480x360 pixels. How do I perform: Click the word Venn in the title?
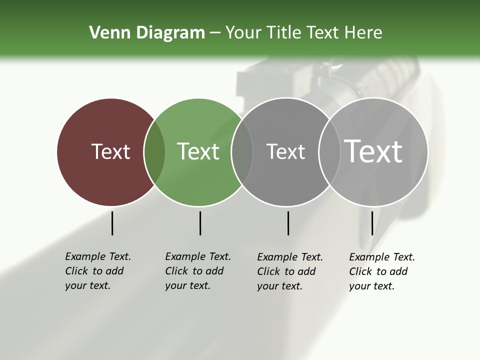click(x=106, y=33)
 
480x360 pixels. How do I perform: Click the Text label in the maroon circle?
click(x=110, y=151)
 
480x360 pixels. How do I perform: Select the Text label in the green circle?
click(x=198, y=151)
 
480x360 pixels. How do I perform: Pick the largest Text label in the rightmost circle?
click(x=373, y=151)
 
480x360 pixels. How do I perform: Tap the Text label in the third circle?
click(x=285, y=151)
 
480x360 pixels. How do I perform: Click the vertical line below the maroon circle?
click(x=112, y=223)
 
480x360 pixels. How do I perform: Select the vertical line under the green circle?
click(x=200, y=223)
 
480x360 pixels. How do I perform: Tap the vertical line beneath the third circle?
click(x=288, y=223)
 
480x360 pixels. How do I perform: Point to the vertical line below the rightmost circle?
click(x=372, y=223)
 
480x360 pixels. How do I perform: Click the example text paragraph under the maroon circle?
click(x=98, y=271)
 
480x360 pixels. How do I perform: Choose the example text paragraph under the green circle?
click(x=198, y=271)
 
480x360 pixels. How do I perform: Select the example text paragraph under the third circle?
click(x=290, y=271)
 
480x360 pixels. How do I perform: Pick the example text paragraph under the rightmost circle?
click(x=382, y=271)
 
